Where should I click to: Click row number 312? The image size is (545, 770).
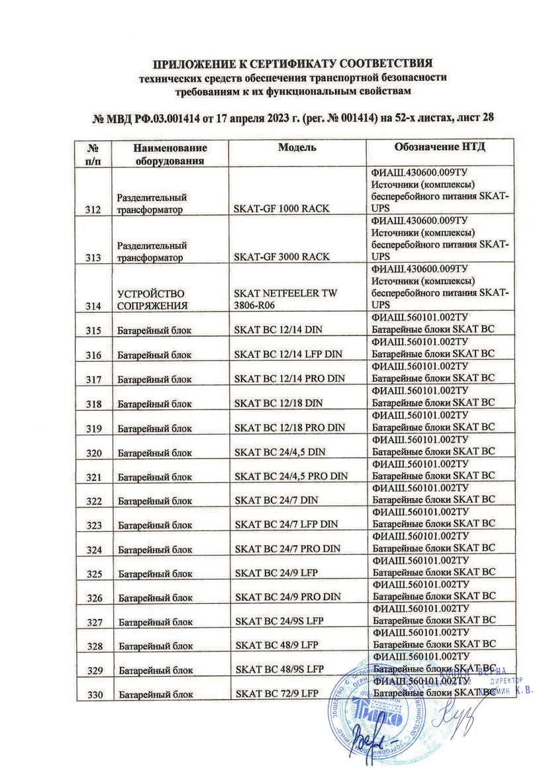click(93, 210)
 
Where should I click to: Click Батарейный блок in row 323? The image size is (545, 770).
click(154, 524)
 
